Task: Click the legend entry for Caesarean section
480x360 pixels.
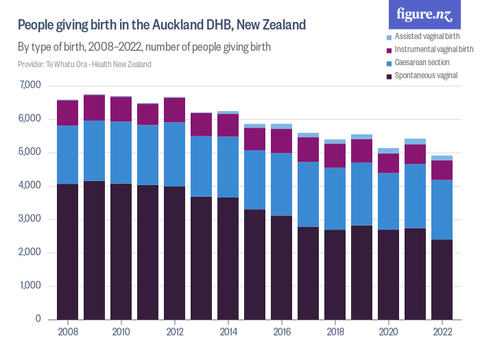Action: click(x=430, y=62)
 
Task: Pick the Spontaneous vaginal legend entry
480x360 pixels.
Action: click(x=431, y=75)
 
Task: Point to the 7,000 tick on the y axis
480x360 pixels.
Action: click(x=30, y=86)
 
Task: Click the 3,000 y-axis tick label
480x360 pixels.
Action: click(x=30, y=219)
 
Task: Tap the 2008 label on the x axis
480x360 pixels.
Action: click(x=67, y=331)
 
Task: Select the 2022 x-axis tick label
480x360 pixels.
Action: click(x=442, y=331)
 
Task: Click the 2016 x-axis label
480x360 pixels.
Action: click(x=281, y=331)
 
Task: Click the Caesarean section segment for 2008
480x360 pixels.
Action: click(x=67, y=154)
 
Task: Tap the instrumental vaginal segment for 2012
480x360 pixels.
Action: click(x=174, y=110)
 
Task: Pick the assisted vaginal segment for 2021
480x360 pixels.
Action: click(x=415, y=141)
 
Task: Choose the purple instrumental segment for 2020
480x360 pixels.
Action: click(x=388, y=163)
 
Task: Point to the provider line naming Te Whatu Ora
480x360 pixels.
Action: click(x=84, y=64)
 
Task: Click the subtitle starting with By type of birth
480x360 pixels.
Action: click(x=144, y=47)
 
